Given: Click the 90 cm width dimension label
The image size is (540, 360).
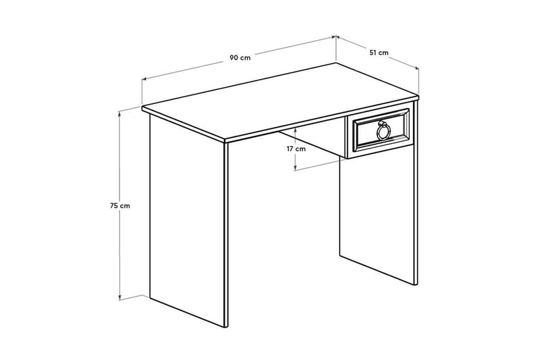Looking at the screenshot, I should [x=240, y=57].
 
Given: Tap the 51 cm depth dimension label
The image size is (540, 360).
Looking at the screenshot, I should [x=379, y=53].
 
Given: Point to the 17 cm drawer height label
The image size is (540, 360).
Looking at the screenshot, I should [x=295, y=149].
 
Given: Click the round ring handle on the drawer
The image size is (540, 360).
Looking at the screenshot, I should [x=383, y=130].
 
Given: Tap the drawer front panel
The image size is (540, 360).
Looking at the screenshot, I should [x=380, y=132].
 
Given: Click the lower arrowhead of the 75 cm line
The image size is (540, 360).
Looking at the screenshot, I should [x=120, y=297].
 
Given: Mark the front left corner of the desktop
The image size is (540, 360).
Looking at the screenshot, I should [x=142, y=107].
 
